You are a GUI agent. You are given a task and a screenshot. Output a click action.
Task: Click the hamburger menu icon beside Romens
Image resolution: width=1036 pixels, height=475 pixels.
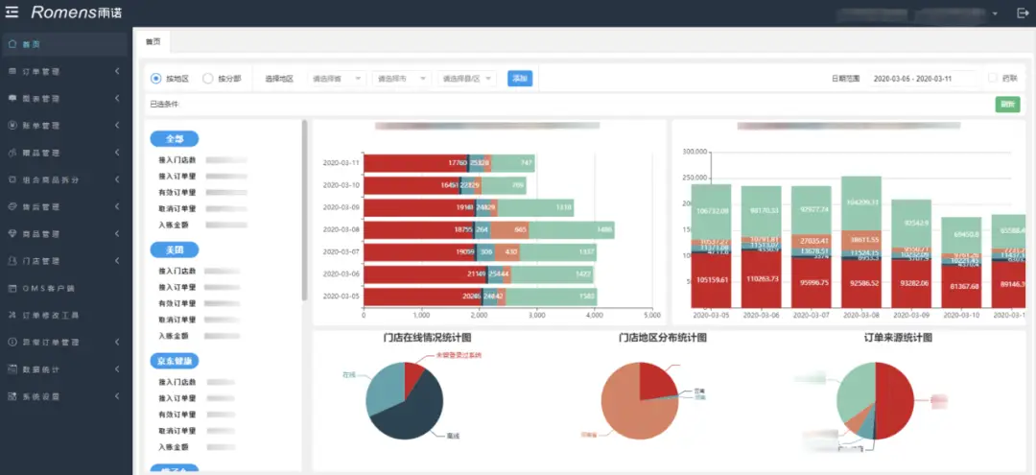click(x=12, y=12)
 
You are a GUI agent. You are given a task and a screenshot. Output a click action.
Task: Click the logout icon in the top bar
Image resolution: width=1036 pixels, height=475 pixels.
click(x=1022, y=12)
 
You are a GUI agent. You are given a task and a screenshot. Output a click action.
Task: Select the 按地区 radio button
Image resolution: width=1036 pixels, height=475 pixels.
click(x=156, y=79)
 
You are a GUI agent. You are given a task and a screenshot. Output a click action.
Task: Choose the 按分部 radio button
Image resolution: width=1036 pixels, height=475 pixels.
click(x=208, y=79)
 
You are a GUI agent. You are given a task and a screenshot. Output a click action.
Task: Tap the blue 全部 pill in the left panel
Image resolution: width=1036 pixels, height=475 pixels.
click(x=175, y=139)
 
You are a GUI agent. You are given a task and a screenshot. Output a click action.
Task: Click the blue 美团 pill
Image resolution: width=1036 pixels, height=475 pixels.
click(x=175, y=250)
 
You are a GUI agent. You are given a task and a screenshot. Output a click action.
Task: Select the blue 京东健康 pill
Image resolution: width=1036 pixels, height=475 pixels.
click(x=175, y=362)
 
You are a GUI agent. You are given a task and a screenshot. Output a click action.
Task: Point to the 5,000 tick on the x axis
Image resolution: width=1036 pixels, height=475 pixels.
click(x=652, y=315)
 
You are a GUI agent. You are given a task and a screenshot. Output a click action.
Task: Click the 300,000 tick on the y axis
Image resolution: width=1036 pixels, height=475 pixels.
click(x=694, y=152)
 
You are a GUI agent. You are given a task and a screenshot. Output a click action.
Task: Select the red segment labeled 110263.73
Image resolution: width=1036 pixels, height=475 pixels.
click(x=761, y=278)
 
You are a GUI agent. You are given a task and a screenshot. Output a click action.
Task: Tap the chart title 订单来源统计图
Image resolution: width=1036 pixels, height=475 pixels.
click(x=898, y=338)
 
